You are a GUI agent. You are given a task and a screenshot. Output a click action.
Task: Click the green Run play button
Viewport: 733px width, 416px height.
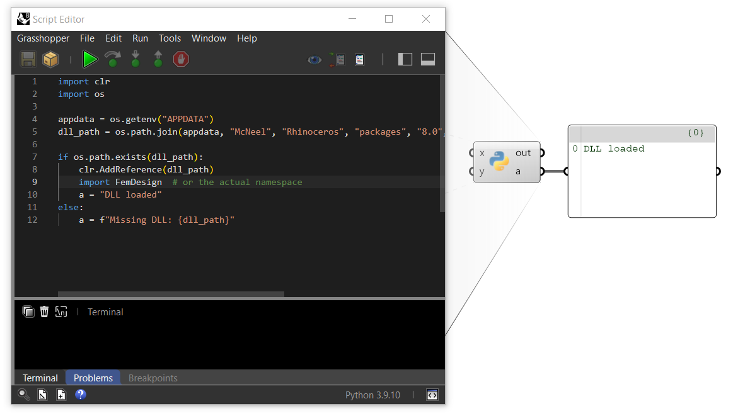(x=89, y=59)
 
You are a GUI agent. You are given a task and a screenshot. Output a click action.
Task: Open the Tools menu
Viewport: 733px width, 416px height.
(x=170, y=38)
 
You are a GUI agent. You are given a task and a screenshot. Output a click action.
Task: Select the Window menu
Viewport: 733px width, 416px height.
(x=209, y=38)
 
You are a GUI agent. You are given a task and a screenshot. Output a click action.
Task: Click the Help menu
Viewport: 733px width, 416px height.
(x=247, y=38)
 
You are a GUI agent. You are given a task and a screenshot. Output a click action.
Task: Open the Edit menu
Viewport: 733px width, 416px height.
(x=113, y=38)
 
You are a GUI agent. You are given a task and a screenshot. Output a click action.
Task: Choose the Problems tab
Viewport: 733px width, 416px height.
(x=93, y=378)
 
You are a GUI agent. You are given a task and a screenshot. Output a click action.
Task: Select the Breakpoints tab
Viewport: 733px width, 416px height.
(x=153, y=378)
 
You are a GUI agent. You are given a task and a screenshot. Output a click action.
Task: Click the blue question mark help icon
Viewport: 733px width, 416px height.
(x=81, y=395)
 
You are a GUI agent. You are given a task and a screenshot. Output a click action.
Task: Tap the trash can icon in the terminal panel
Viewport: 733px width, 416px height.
(x=44, y=312)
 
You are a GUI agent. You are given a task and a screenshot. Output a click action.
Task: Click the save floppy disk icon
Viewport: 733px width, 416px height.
(x=28, y=59)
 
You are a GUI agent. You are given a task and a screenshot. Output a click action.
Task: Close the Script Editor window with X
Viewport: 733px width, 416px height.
(x=426, y=19)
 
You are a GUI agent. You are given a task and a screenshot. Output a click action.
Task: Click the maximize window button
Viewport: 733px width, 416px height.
(x=389, y=19)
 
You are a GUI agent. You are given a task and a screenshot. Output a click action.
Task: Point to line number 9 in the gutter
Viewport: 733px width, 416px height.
(x=35, y=182)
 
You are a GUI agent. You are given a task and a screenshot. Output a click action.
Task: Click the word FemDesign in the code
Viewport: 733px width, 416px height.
(x=139, y=182)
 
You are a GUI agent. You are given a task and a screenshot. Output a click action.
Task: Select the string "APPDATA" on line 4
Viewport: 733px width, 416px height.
(x=187, y=119)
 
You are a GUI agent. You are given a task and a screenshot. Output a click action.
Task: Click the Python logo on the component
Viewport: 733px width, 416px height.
(x=499, y=162)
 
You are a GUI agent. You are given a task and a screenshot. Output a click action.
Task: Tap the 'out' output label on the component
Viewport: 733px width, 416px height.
(x=523, y=153)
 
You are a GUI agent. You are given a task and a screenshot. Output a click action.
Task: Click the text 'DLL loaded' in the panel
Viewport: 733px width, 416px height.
(x=614, y=149)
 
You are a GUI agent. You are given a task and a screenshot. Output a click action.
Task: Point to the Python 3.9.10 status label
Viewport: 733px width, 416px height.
(x=372, y=395)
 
